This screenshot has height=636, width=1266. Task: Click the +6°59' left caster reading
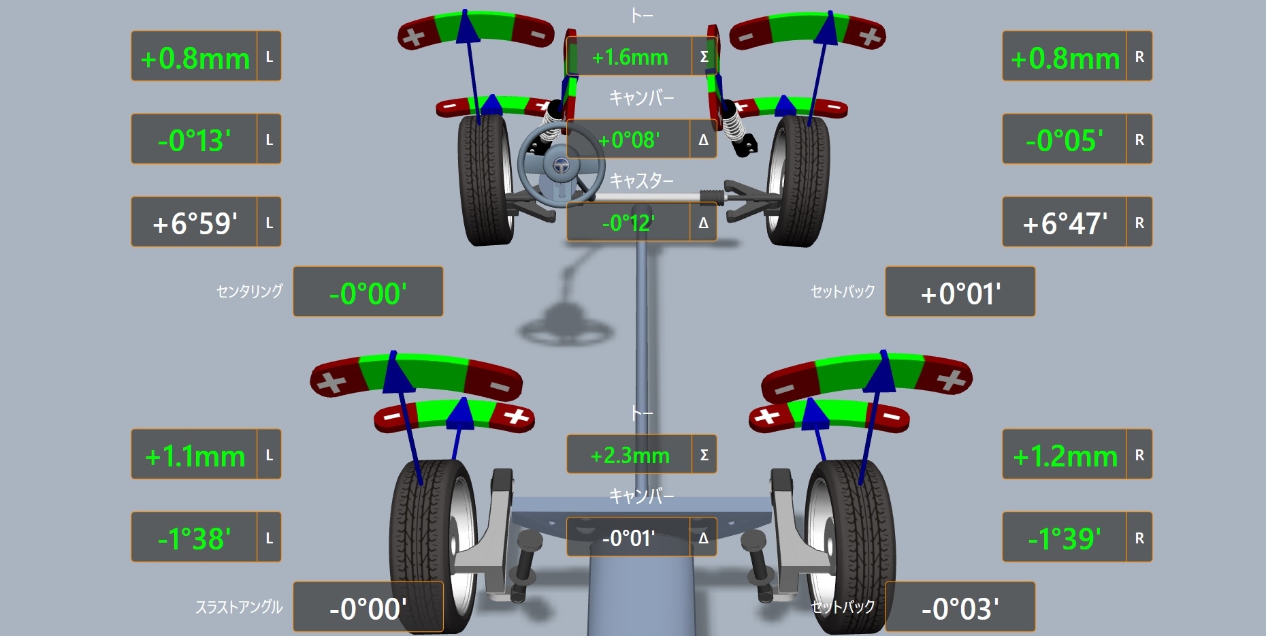[195, 223]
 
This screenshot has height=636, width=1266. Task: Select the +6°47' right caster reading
[1065, 223]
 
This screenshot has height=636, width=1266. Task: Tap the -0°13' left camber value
[194, 140]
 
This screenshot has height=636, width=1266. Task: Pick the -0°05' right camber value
[1065, 140]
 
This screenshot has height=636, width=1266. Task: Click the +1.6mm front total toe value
[630, 57]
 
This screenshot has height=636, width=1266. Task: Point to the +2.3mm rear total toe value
[630, 455]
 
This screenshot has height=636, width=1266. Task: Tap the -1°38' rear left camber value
[194, 539]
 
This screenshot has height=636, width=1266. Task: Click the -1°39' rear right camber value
[1065, 539]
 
